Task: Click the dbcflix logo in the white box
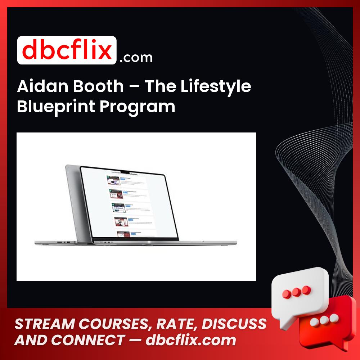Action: coord(67,50)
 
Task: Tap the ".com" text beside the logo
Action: coord(136,58)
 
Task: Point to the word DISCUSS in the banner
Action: coord(234,324)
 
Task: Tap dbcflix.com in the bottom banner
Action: coord(191,340)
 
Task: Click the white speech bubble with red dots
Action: coord(301,290)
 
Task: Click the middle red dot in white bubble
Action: coord(296,291)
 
